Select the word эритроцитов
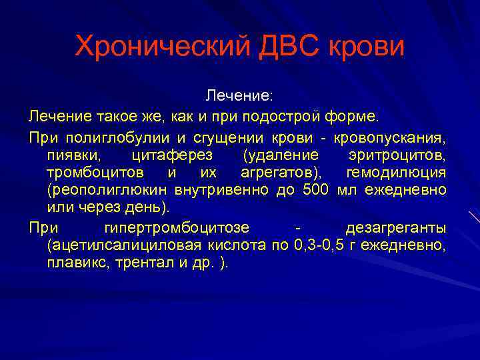[x=397, y=155]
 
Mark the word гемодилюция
[x=397, y=173]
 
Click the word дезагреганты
[x=396, y=227]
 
